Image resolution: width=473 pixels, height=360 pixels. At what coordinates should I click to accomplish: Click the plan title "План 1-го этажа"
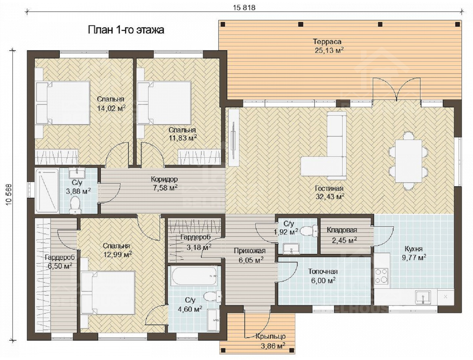click(x=126, y=30)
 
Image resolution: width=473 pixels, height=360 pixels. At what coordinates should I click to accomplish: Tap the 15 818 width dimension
click(x=244, y=8)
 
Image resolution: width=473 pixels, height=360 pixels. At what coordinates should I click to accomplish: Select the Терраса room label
click(x=327, y=41)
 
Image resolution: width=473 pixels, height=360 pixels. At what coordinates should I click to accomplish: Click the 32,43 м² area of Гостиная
click(x=330, y=196)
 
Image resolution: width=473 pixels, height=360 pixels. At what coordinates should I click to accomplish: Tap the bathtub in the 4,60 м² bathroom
click(x=194, y=277)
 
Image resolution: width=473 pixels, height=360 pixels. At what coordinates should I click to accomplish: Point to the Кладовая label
click(x=342, y=230)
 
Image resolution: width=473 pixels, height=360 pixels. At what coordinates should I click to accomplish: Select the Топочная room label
click(x=323, y=271)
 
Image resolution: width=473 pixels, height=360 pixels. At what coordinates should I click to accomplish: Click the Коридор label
click(x=164, y=179)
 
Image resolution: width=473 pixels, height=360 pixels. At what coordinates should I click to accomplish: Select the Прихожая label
click(x=250, y=251)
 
